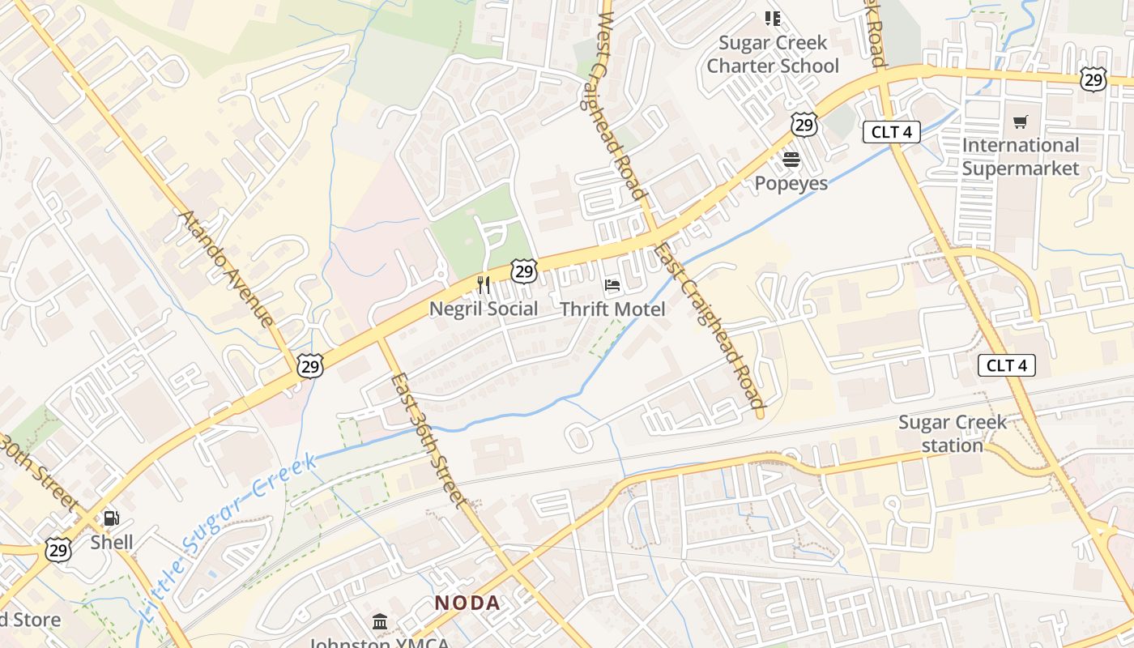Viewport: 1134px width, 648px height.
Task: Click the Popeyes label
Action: point(791,183)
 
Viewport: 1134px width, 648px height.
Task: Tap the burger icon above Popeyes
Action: point(791,160)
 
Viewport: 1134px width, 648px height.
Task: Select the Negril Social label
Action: point(483,309)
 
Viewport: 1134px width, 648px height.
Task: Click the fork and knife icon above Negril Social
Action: point(484,285)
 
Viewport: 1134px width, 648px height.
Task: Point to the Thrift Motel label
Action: point(612,309)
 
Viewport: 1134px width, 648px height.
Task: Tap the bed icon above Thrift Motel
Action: point(612,285)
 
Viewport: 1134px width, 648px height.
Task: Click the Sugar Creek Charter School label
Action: point(772,54)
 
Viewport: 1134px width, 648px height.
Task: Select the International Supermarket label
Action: point(1021,157)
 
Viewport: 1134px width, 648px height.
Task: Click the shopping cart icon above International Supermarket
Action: point(1021,122)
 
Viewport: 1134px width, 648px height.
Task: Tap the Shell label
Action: point(112,542)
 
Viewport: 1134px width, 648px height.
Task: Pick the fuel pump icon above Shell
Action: point(112,518)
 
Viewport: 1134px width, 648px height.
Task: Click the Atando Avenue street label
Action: point(227,267)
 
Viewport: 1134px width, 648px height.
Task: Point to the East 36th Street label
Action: point(428,440)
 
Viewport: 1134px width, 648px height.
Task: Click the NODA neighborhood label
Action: point(467,603)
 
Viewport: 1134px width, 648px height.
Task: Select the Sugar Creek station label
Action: point(952,433)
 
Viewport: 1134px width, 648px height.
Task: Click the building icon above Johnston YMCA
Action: point(380,622)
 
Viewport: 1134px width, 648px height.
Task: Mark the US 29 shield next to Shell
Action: point(58,551)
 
